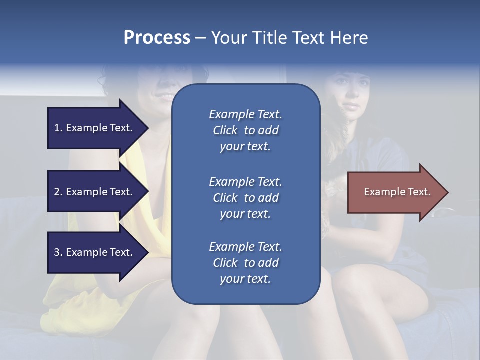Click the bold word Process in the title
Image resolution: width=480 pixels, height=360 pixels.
157,38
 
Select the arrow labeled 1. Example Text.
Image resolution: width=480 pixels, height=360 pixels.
95,128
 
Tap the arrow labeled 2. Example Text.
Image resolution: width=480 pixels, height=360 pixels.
95,192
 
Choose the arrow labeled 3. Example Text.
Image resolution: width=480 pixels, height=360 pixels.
95,252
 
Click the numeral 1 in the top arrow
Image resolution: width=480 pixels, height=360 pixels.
57,128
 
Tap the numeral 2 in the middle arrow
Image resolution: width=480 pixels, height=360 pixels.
57,192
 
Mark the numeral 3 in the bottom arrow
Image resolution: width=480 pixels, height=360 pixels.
57,252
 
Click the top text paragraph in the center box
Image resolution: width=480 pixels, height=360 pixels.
245,130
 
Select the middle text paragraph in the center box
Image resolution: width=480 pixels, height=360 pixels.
245,197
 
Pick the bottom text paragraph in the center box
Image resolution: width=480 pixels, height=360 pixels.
245,263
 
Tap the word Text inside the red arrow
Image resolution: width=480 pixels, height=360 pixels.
419,192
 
